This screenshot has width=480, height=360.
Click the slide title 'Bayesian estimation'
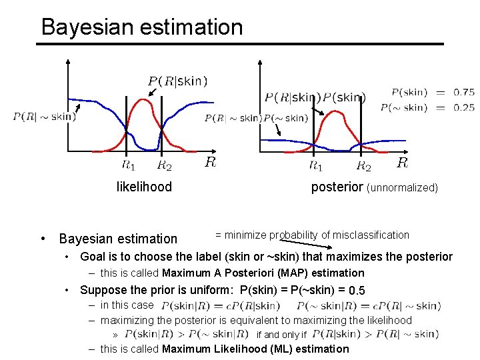click(x=141, y=27)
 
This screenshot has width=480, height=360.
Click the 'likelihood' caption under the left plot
click(x=144, y=187)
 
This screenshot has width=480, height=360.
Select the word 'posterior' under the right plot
click(x=337, y=187)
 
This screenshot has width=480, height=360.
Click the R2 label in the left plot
click(x=164, y=165)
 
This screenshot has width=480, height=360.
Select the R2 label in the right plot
click(x=363, y=165)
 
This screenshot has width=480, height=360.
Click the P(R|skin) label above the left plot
click(x=177, y=81)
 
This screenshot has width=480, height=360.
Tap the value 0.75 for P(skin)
click(x=464, y=93)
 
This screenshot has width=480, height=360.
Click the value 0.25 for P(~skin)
click(x=464, y=107)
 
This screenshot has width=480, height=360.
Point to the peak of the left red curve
click(x=143, y=100)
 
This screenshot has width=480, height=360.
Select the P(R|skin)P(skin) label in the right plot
click(x=315, y=97)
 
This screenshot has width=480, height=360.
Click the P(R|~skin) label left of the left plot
click(x=44, y=117)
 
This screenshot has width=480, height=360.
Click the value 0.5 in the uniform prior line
click(x=357, y=291)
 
